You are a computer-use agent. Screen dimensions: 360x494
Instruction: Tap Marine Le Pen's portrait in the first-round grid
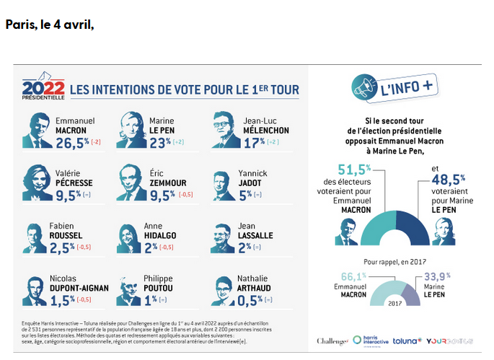[131, 128]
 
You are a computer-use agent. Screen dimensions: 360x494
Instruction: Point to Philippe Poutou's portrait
[131, 289]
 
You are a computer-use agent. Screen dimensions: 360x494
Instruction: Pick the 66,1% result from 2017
[351, 275]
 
